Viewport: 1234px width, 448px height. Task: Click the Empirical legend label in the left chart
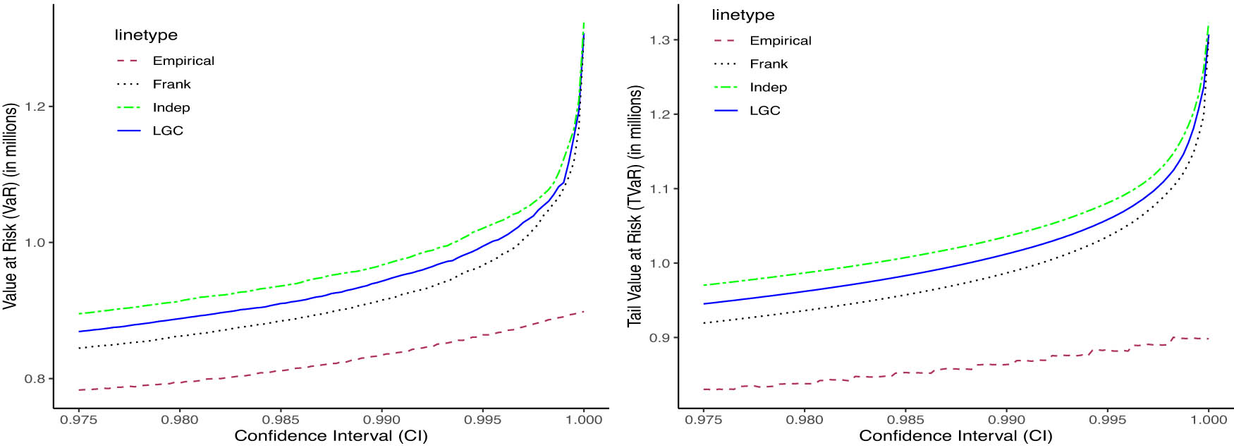click(183, 61)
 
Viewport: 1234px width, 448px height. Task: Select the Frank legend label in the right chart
click(769, 64)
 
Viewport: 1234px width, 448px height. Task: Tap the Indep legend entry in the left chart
click(171, 107)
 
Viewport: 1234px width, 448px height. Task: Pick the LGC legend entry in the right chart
click(764, 111)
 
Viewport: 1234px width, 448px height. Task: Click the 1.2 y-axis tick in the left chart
click(35, 107)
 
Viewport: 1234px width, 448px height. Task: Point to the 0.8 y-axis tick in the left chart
click(35, 379)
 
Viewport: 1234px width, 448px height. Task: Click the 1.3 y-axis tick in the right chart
click(659, 40)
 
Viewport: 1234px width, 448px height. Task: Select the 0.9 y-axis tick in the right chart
click(659, 338)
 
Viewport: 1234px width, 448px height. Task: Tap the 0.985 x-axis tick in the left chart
click(281, 420)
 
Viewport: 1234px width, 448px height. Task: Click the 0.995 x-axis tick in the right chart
click(1108, 420)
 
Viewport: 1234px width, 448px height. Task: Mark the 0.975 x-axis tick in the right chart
click(704, 420)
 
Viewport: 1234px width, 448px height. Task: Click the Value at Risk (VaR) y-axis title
click(10, 206)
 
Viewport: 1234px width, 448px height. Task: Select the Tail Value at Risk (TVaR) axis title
click(635, 206)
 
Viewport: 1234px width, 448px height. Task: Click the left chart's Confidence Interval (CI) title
click(331, 436)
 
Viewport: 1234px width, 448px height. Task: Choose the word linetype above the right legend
click(743, 15)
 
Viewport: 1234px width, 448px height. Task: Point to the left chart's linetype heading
click(146, 35)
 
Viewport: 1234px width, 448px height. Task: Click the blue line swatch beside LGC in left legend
click(129, 131)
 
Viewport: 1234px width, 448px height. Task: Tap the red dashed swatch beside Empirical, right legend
click(726, 41)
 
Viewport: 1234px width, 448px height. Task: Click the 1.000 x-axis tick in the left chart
click(584, 420)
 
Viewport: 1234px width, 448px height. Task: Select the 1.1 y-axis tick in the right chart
click(659, 189)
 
